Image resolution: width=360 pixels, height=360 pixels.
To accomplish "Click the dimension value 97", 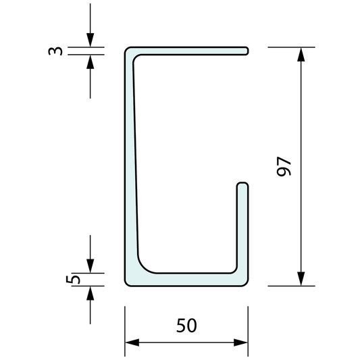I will pyautogui.click(x=284, y=166).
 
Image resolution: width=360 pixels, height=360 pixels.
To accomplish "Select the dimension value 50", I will pyautogui.click(x=186, y=326).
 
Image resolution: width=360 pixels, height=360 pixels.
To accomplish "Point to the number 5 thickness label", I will pyautogui.click(x=76, y=278).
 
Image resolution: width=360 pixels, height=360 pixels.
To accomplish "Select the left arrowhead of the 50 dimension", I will pyautogui.click(x=132, y=342).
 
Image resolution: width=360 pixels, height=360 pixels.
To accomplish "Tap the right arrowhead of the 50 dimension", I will pyautogui.click(x=241, y=342).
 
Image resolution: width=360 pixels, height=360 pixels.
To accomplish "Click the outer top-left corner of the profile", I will pyautogui.click(x=127, y=49).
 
